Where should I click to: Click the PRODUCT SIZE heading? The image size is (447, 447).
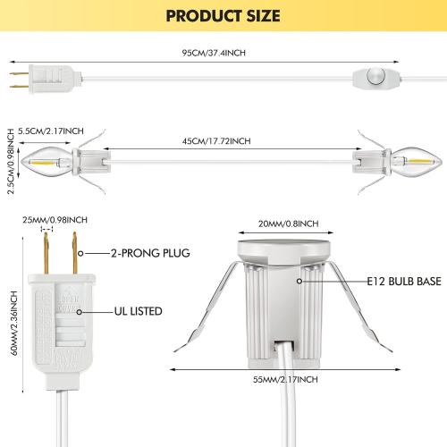point(223,16)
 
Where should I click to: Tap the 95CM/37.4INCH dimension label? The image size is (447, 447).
point(214,53)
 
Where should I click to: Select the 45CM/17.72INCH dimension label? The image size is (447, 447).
point(216,141)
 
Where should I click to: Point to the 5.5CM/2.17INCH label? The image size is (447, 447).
point(51,131)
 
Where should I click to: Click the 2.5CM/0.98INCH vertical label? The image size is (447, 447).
point(11,161)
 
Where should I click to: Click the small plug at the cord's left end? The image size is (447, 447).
point(45,80)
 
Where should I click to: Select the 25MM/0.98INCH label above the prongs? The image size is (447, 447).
point(55,220)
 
